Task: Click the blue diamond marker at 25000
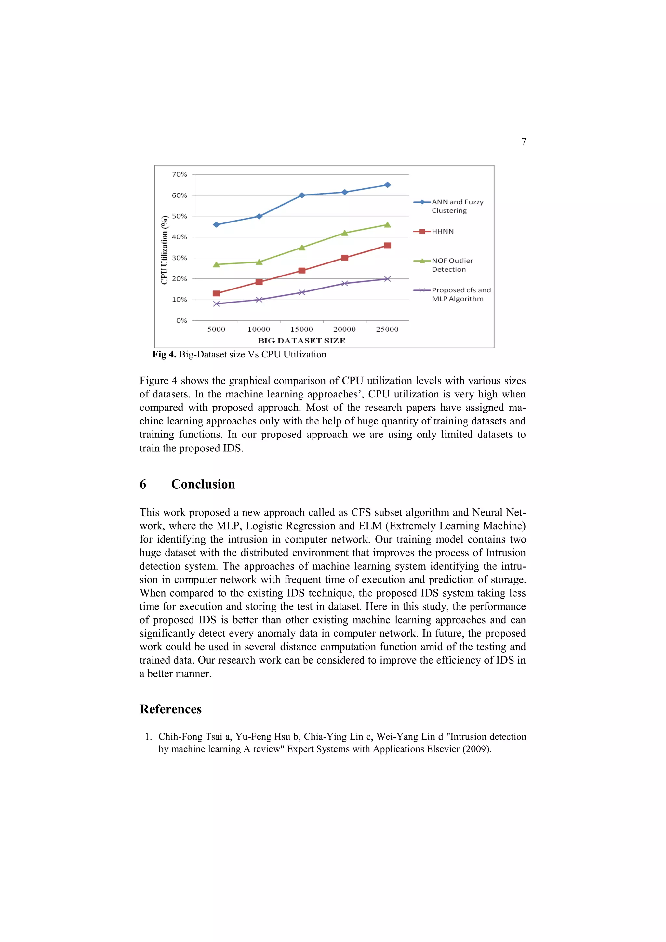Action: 387,185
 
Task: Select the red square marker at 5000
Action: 216,293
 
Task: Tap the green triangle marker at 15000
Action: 302,248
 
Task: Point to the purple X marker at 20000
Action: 344,284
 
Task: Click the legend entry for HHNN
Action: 443,231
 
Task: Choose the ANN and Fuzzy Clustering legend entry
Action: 457,206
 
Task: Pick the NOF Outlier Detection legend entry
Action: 452,265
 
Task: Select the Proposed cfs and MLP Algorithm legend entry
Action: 460,294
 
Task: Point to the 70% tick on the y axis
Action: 179,174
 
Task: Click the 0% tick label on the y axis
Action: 181,320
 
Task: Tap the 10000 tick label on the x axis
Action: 259,329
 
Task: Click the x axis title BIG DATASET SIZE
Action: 301,341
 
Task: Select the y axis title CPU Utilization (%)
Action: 165,250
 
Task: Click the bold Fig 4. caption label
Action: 164,355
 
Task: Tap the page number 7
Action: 524,141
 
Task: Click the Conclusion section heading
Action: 203,484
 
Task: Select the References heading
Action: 171,709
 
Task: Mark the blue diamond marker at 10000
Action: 259,216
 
